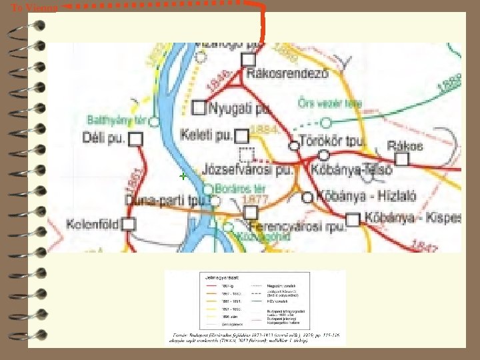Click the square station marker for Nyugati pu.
click(x=199, y=107)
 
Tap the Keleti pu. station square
click(x=241, y=135)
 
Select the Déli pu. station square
click(x=135, y=139)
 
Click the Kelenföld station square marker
click(x=129, y=224)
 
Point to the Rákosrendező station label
click(x=287, y=75)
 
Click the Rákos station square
click(x=402, y=159)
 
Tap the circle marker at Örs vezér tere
click(x=326, y=122)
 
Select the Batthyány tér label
click(x=116, y=121)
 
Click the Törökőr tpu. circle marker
click(x=293, y=145)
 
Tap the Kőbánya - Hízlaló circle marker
click(x=307, y=197)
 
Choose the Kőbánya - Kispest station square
click(x=353, y=218)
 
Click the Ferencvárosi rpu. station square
click(x=250, y=213)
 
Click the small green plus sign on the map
click(x=181, y=177)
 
